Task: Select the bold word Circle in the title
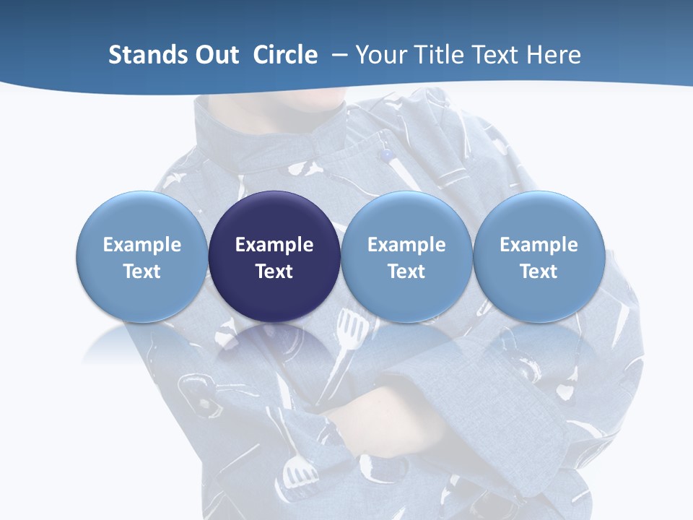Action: (x=285, y=55)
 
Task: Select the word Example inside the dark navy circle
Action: (x=274, y=245)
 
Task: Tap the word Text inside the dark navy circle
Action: (x=274, y=272)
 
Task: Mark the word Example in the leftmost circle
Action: (x=141, y=245)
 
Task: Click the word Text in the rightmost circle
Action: (x=539, y=272)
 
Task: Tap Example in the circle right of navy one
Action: (x=406, y=245)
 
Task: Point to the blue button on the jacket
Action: (x=388, y=155)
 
